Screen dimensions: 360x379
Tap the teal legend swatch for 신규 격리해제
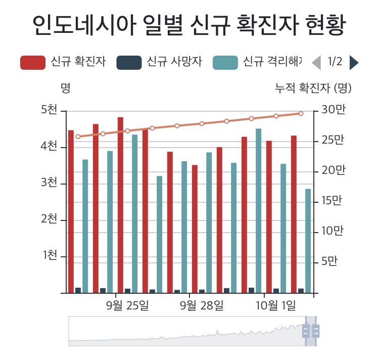tap(225, 63)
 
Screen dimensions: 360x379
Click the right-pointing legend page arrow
tap(354, 62)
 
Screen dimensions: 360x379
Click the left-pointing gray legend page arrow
tap(316, 62)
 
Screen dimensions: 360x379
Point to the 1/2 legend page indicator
tap(335, 62)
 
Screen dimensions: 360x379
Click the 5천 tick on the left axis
tap(49, 110)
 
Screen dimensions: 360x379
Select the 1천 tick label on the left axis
tap(49, 255)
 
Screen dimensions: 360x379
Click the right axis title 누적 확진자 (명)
tap(313, 88)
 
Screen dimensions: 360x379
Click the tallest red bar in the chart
tap(120, 205)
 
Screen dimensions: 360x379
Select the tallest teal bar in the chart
tap(259, 210)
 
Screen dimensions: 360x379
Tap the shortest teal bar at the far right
tap(308, 241)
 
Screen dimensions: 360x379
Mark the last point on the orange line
tap(301, 113)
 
